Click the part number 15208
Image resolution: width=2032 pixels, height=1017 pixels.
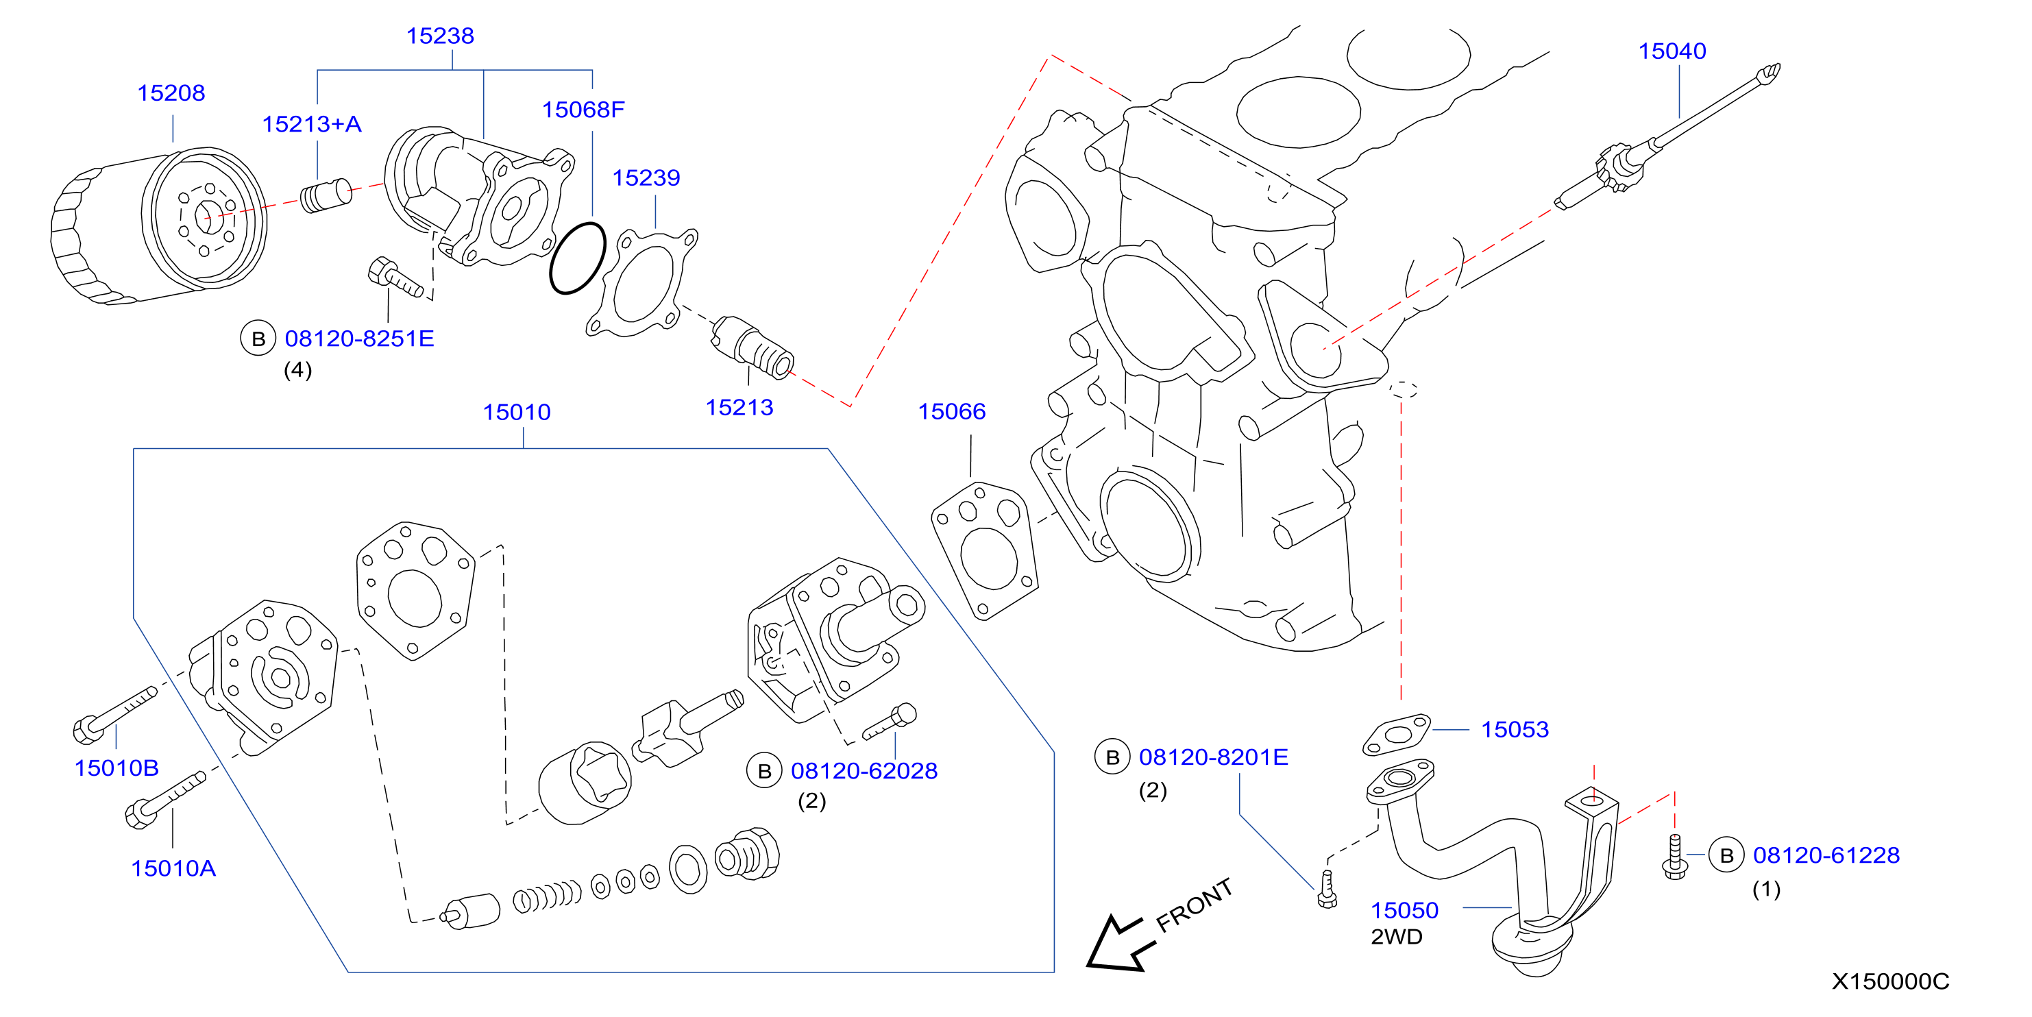point(171,93)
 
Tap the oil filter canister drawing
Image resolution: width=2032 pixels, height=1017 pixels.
point(158,225)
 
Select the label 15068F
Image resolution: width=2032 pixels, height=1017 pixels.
point(583,110)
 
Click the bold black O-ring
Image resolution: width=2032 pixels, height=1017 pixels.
point(578,258)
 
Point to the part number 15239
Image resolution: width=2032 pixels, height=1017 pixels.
point(646,177)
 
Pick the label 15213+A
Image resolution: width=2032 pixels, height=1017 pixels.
point(312,124)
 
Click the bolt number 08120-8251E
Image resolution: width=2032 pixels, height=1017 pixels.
point(359,339)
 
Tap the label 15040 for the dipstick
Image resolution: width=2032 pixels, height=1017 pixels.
point(1672,51)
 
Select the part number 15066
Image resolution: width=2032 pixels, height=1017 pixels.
point(951,411)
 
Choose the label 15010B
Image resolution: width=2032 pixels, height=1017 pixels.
point(117,768)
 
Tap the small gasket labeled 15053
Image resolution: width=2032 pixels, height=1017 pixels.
point(1397,735)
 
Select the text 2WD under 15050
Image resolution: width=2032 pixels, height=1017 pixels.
point(1396,937)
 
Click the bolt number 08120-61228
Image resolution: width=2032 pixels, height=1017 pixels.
point(1826,855)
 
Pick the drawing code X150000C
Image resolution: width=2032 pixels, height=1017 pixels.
point(1890,981)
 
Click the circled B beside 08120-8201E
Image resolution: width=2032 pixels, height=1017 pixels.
point(1112,757)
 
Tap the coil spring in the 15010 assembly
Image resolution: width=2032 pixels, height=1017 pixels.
point(548,896)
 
